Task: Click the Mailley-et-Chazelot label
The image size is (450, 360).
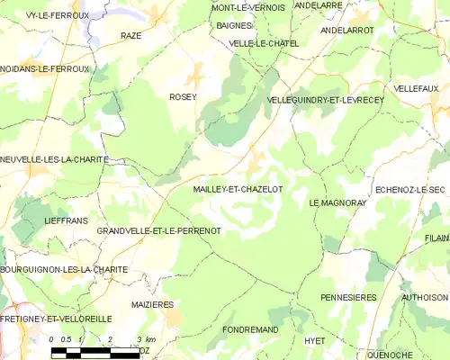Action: pos(238,190)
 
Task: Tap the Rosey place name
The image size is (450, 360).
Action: pos(183,96)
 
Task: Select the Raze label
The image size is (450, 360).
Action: pos(131,36)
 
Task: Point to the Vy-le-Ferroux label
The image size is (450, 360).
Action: pos(45,15)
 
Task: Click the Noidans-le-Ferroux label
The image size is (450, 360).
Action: pos(46,68)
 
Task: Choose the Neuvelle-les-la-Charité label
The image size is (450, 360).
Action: pos(55,159)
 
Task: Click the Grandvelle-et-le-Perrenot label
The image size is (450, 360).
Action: pos(159,231)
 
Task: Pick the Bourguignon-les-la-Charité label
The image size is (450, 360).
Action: pos(64,269)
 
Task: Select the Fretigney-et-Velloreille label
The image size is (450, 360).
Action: pos(56,319)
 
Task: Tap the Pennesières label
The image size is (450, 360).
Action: pos(348,296)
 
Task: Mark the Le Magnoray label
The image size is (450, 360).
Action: pos(338,203)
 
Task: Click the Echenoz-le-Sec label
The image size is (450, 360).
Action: pos(409,190)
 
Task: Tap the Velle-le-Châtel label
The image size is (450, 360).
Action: pos(265,42)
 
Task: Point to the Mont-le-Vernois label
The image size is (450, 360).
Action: pos(247,7)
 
